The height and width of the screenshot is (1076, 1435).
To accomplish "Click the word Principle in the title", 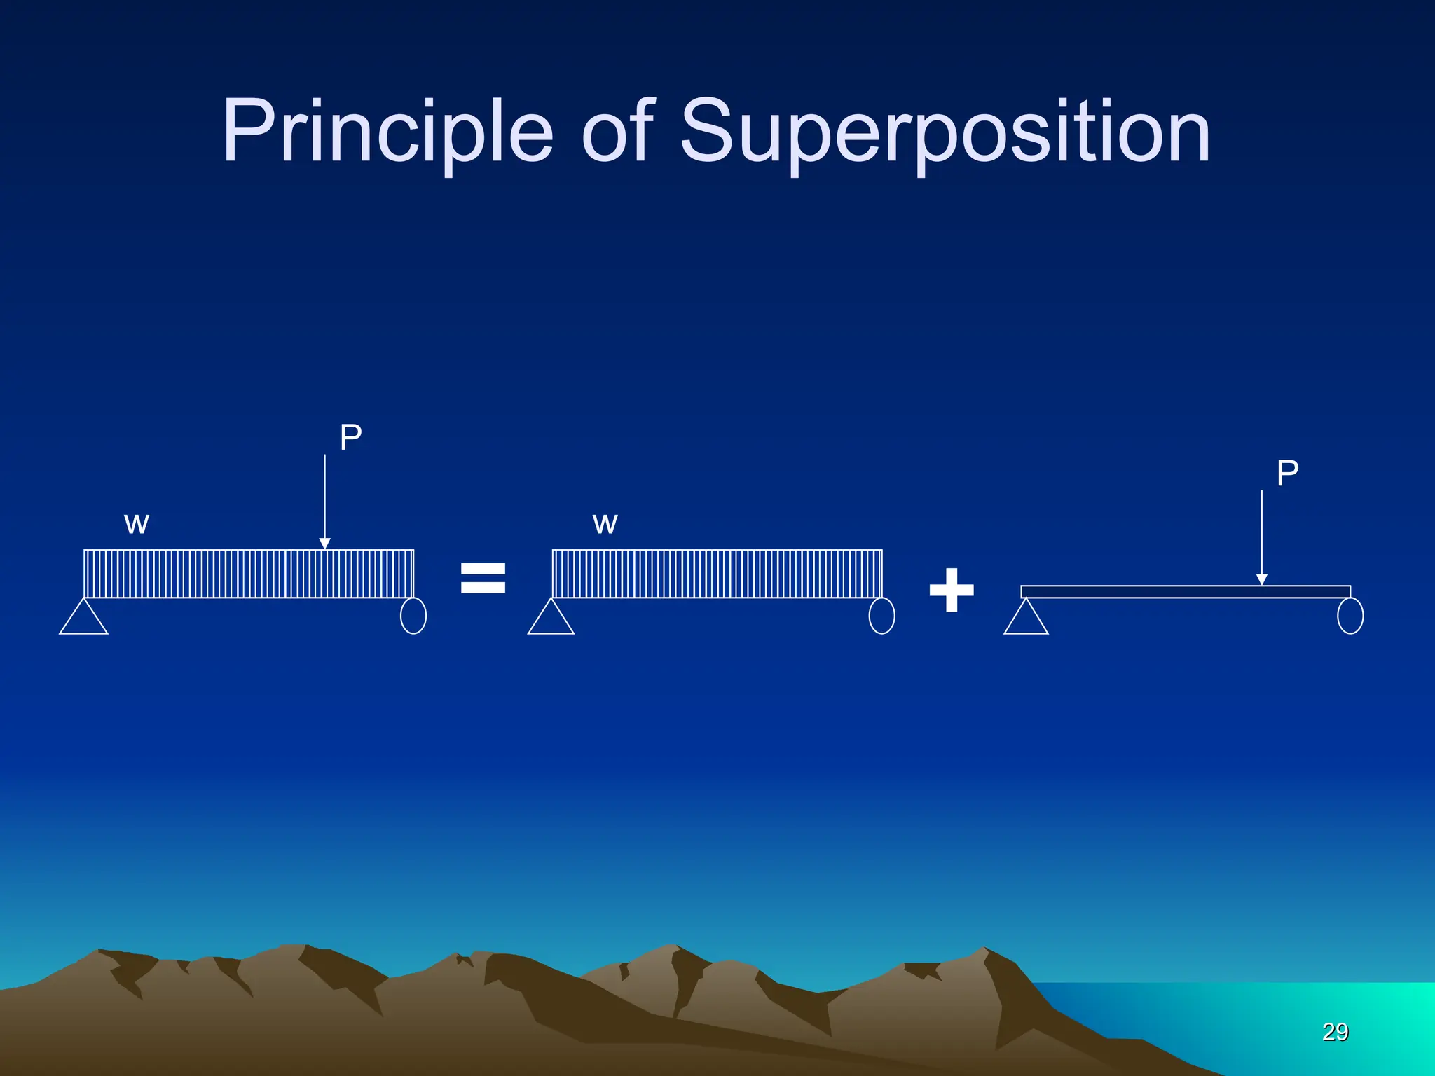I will pyautogui.click(x=387, y=132).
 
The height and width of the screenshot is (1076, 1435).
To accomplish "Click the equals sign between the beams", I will pyautogui.click(x=483, y=579).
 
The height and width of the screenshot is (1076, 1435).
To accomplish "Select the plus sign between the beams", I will pyautogui.click(x=951, y=590).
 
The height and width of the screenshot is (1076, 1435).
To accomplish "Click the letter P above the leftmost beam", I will pyautogui.click(x=350, y=438).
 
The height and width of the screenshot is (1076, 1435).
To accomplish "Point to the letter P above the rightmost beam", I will pyautogui.click(x=1287, y=474).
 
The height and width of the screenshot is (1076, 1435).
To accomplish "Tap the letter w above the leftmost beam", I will pyautogui.click(x=137, y=524).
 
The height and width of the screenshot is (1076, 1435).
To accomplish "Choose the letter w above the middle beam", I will pyautogui.click(x=605, y=524).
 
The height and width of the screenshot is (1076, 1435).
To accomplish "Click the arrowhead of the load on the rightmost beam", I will pyautogui.click(x=1261, y=579).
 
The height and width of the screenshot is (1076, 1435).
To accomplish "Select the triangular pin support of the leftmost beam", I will pyautogui.click(x=83, y=619).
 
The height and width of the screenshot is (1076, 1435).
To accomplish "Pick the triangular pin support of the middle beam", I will pyautogui.click(x=551, y=619).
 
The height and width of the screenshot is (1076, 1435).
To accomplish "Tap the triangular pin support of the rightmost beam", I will pyautogui.click(x=1026, y=619).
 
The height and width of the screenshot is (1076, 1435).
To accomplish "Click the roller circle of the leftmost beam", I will pyautogui.click(x=413, y=616).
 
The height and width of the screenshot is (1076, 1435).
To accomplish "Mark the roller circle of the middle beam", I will pyautogui.click(x=881, y=616).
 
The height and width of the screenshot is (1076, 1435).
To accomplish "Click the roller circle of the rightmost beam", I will pyautogui.click(x=1350, y=616).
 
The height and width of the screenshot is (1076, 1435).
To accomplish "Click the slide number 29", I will pyautogui.click(x=1335, y=1032).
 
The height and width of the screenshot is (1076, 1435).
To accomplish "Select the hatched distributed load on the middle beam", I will pyautogui.click(x=717, y=574).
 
